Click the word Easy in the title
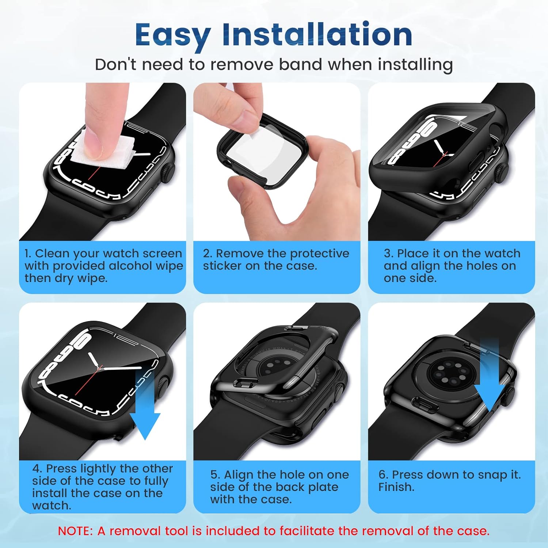click(x=172, y=35)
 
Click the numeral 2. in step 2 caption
click(x=207, y=254)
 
